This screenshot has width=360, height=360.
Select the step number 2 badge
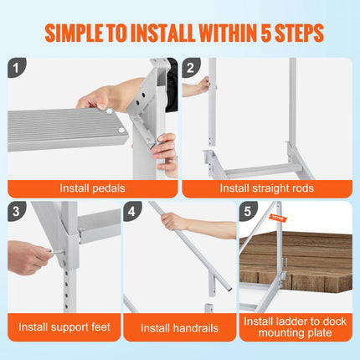[193, 68]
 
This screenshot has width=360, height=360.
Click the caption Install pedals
[92, 188]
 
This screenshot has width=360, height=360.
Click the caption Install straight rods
[268, 188]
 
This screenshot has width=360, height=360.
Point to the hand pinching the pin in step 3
[29, 257]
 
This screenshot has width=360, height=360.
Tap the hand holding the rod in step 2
[203, 85]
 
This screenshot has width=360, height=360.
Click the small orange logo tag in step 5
[278, 219]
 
